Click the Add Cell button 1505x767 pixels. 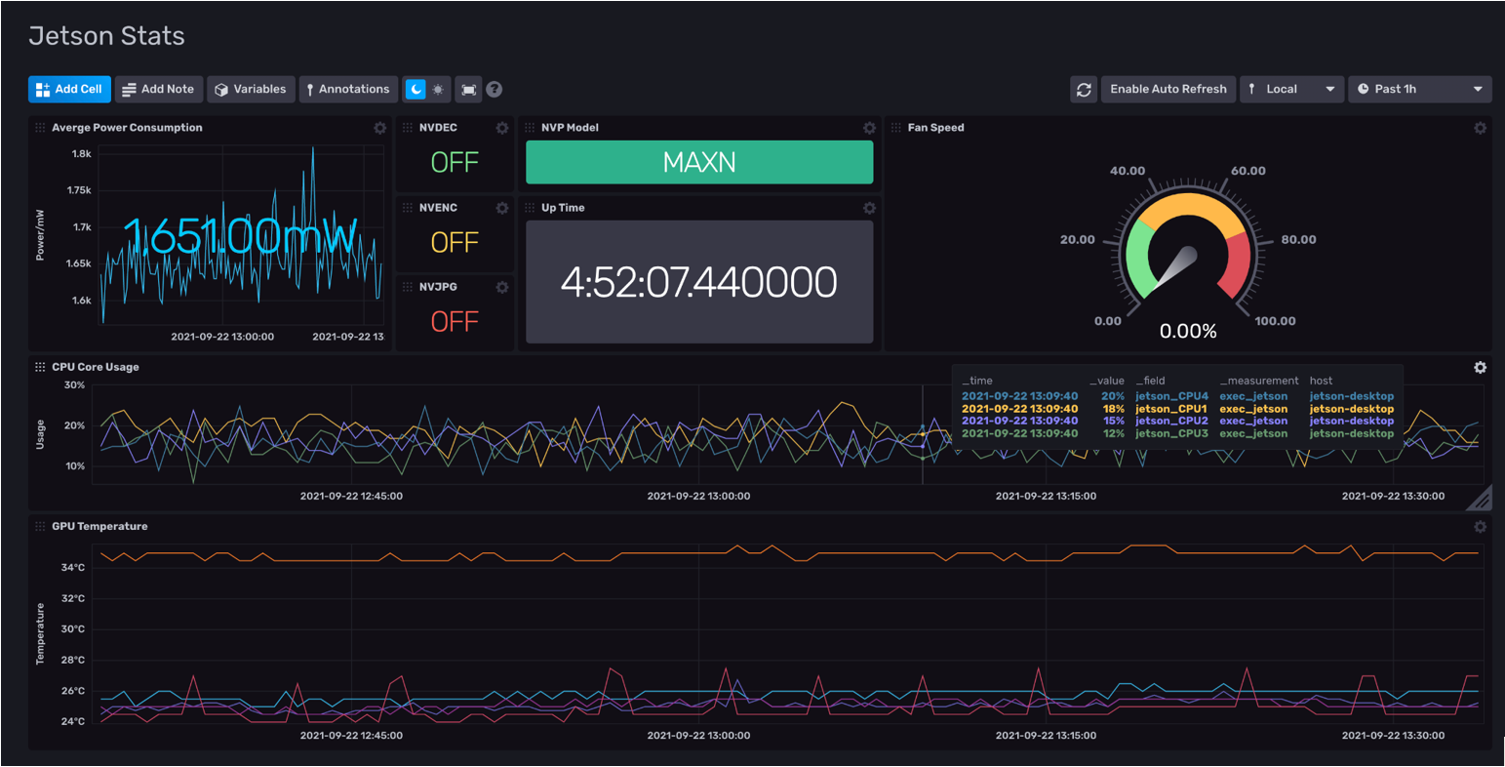pyautogui.click(x=69, y=89)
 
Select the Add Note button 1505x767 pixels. pyautogui.click(x=157, y=89)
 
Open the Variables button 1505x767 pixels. pyautogui.click(x=251, y=89)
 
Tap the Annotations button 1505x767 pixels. pyautogui.click(x=348, y=89)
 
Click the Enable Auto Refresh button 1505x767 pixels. pyautogui.click(x=1168, y=89)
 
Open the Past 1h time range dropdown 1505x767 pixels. pyautogui.click(x=1419, y=89)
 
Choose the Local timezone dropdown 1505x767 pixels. pyautogui.click(x=1291, y=89)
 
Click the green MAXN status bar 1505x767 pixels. pyautogui.click(x=698, y=162)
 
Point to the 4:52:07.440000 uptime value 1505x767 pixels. pyautogui.click(x=698, y=282)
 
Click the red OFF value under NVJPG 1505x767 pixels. pyautogui.click(x=455, y=321)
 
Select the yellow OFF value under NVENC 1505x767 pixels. pyautogui.click(x=455, y=242)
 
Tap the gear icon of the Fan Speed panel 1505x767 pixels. pyautogui.click(x=1480, y=128)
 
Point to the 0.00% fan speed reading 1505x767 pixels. pyautogui.click(x=1188, y=332)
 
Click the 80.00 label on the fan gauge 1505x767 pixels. pyautogui.click(x=1298, y=240)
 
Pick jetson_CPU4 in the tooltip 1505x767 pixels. pyautogui.click(x=1171, y=396)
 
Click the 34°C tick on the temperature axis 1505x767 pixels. pyautogui.click(x=73, y=567)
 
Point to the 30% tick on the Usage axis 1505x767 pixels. pyautogui.click(x=74, y=385)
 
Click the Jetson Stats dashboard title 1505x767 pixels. pyautogui.click(x=106, y=36)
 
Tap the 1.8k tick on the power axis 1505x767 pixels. pyautogui.click(x=82, y=153)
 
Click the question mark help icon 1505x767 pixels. pyautogui.click(x=495, y=89)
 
